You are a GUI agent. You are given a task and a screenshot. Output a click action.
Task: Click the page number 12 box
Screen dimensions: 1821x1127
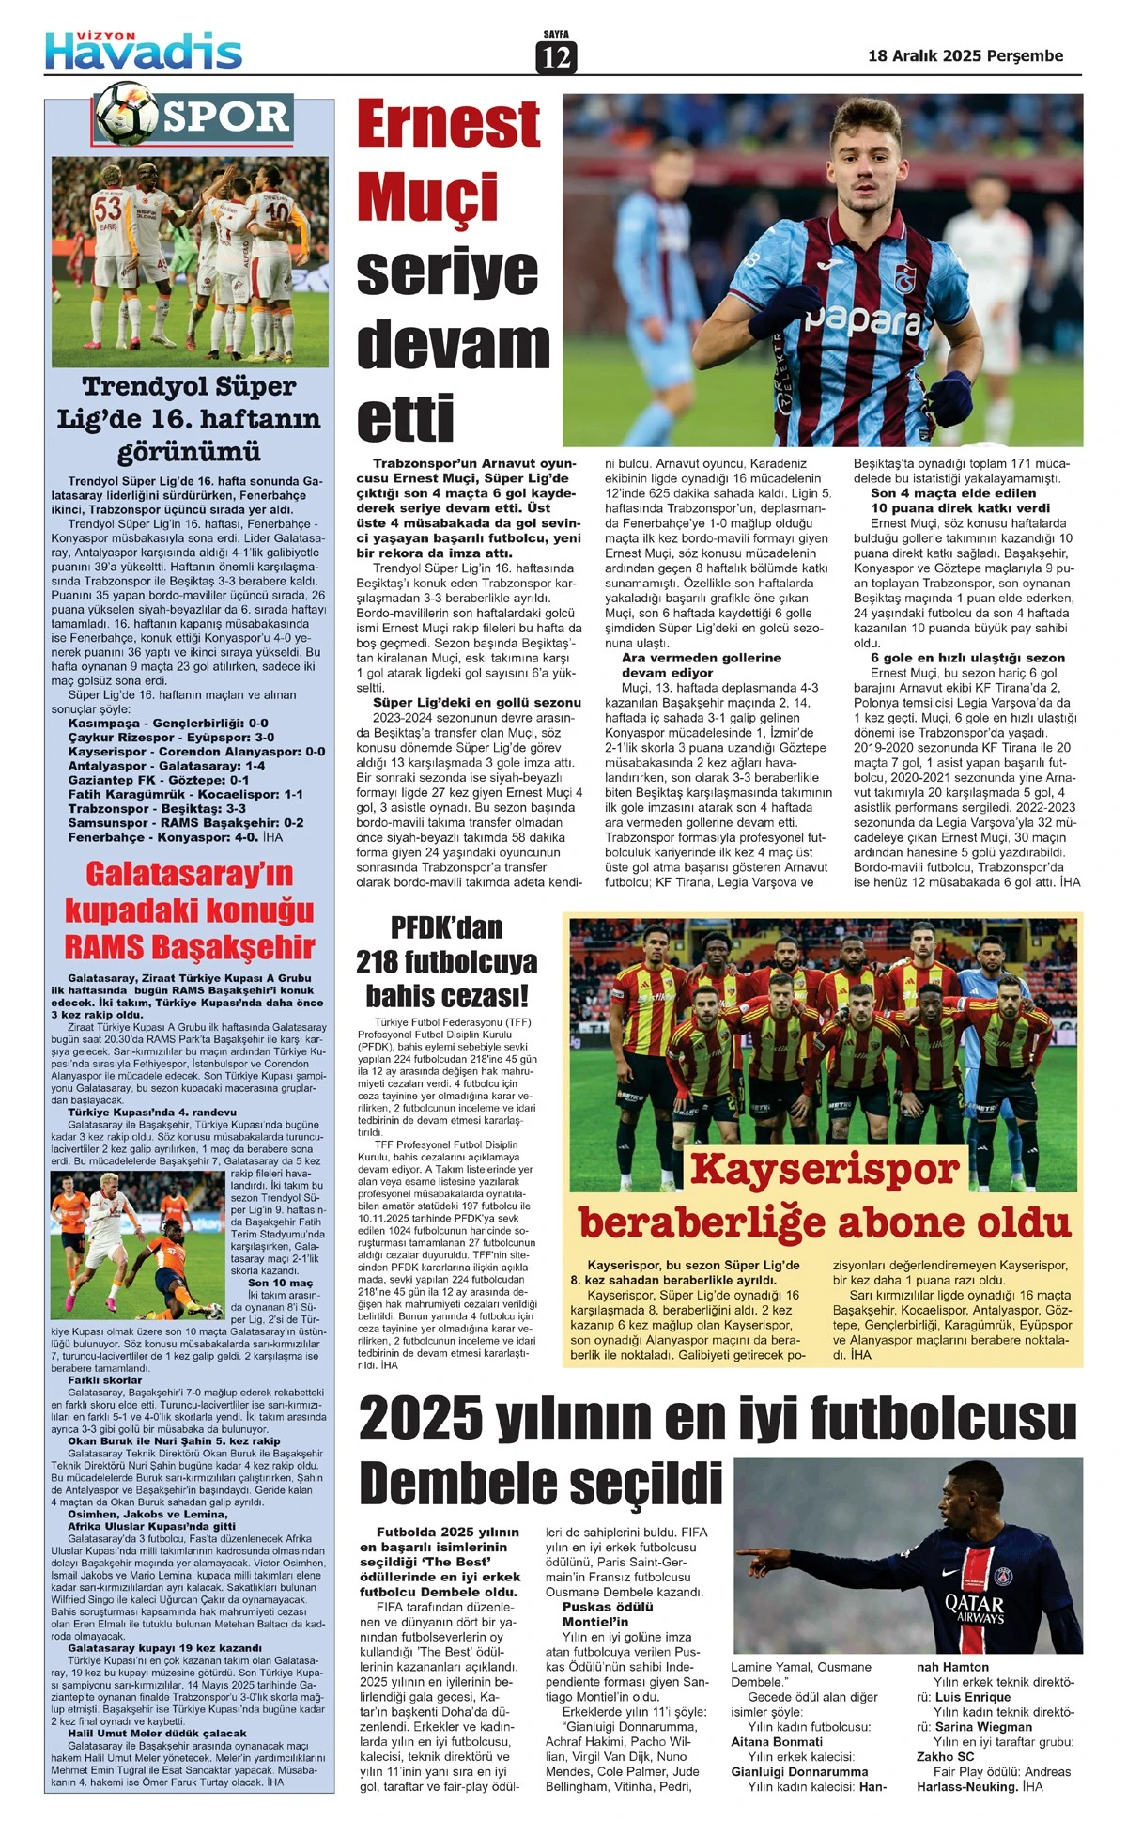(556, 57)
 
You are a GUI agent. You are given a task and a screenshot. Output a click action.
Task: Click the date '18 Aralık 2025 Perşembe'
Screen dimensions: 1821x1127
(965, 55)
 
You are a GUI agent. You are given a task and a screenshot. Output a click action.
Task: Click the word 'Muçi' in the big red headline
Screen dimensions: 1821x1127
(427, 197)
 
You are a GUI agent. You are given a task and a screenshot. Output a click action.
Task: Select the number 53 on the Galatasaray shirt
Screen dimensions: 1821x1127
(107, 209)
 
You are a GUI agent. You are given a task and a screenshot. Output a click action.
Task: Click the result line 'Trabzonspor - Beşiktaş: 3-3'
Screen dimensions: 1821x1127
(157, 808)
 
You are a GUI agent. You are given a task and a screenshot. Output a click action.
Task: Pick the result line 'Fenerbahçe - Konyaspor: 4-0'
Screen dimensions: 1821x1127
(176, 836)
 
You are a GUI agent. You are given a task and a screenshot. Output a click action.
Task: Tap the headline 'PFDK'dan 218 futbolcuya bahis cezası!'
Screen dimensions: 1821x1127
(446, 961)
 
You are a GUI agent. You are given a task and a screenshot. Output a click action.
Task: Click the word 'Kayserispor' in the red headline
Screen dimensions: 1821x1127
(825, 1169)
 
